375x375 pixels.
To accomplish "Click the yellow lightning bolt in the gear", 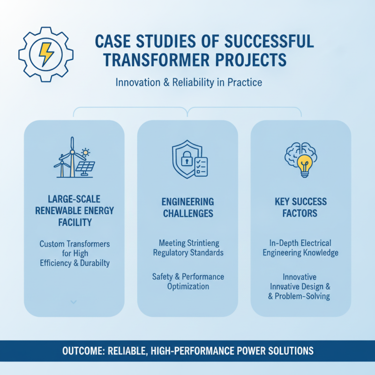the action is pyautogui.click(x=46, y=54).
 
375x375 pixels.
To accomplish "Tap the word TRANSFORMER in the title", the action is pyautogui.click(x=157, y=60).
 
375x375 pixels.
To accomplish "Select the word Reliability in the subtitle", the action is pyautogui.click(x=193, y=82).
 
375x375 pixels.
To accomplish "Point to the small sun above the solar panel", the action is pyautogui.click(x=85, y=152).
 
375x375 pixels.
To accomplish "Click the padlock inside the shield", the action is pyautogui.click(x=187, y=158).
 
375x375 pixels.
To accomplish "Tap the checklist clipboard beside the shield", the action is pyautogui.click(x=201, y=167).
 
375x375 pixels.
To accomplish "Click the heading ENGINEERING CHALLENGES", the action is pyautogui.click(x=188, y=208).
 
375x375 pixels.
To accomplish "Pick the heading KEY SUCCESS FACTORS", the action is pyautogui.click(x=300, y=207).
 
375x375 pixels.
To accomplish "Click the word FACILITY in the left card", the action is pyautogui.click(x=75, y=222).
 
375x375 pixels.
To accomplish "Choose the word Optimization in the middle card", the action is pyautogui.click(x=188, y=286).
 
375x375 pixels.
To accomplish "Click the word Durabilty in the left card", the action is pyautogui.click(x=95, y=263).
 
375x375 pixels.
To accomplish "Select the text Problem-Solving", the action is pyautogui.click(x=302, y=296).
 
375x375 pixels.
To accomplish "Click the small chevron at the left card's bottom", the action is pyautogui.click(x=74, y=302).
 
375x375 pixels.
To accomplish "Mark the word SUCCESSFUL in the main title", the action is pyautogui.click(x=269, y=41).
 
